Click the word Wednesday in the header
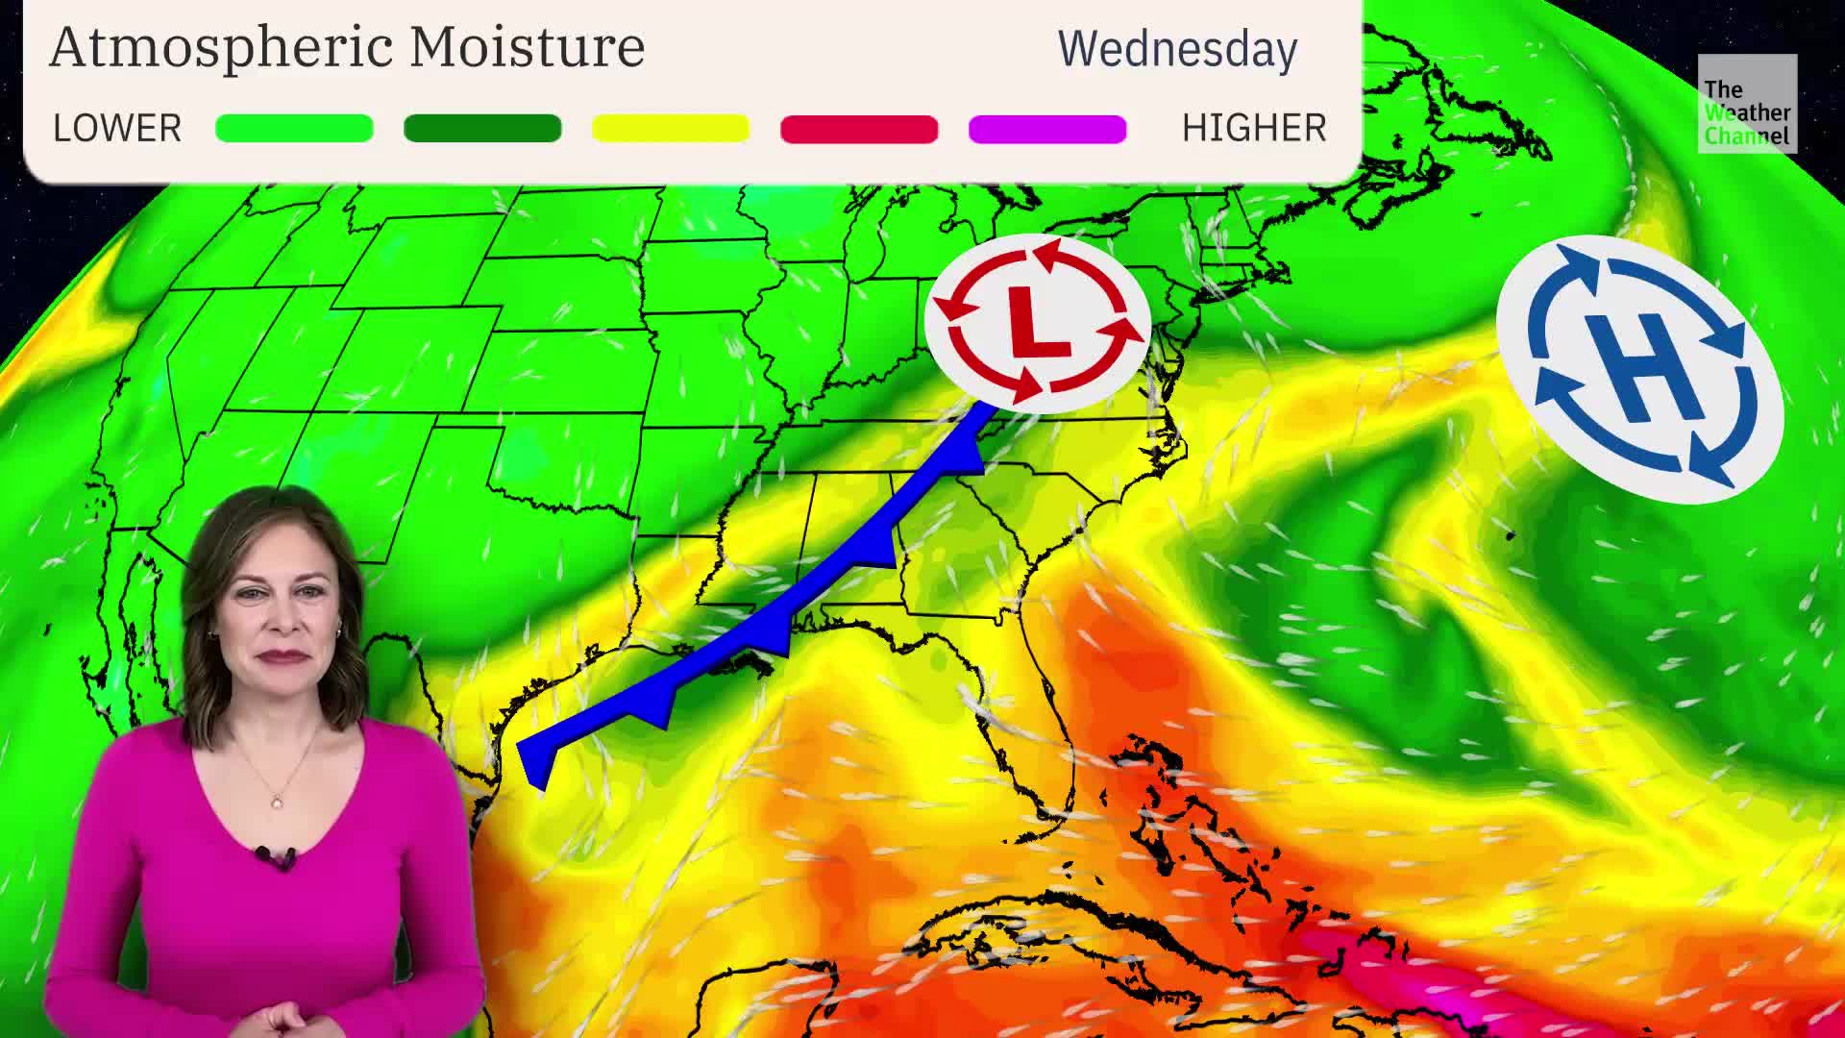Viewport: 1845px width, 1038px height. pos(1177,49)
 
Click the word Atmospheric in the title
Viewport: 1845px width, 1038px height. pos(221,47)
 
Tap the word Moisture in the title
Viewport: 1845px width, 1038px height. pos(527,47)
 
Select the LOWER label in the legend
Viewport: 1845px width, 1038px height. pos(116,128)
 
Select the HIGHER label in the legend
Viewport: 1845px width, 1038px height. pos(1253,128)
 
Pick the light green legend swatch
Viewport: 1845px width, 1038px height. pos(294,128)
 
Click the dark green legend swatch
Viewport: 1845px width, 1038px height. pos(482,128)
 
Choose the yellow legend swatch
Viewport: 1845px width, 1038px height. pos(671,128)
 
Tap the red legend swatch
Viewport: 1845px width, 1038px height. pos(859,128)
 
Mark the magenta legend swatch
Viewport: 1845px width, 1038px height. pos(1047,128)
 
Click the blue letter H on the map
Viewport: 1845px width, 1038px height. pos(1641,368)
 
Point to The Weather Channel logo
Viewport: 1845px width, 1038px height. pos(1746,104)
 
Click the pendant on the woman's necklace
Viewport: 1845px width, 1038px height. pos(277,801)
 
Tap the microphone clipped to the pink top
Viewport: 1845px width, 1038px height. pos(277,856)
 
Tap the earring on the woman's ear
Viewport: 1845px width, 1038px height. pos(338,630)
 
